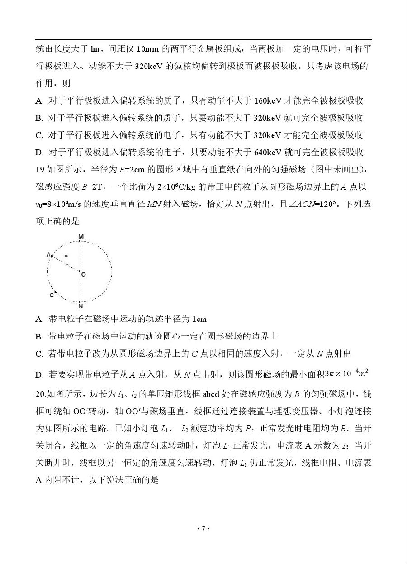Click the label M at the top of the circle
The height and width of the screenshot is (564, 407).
80,237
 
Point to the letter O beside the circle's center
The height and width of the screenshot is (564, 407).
84,274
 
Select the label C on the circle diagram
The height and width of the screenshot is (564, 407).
52,295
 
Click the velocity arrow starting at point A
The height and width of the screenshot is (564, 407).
61,256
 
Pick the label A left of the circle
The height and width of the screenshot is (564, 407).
48,255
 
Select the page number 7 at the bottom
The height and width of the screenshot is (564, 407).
203,528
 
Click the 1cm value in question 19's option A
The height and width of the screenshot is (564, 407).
199,319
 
